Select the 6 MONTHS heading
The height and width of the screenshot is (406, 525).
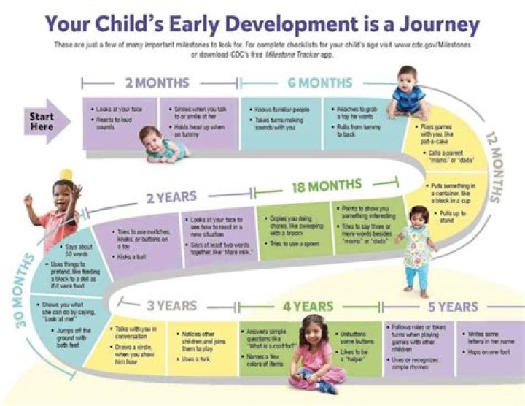(319, 83)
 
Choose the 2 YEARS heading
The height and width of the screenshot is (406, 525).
(171, 196)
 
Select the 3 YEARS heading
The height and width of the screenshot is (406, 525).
(171, 305)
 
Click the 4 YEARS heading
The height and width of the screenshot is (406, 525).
(308, 306)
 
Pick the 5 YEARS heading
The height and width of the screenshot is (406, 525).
(452, 306)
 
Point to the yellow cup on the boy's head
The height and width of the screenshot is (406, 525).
(66, 174)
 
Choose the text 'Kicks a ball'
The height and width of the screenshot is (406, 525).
(132, 257)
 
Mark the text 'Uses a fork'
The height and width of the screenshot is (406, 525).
(196, 360)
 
